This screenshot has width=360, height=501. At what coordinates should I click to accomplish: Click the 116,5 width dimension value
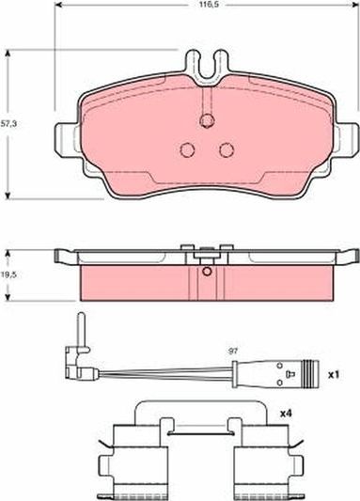pos(207,5)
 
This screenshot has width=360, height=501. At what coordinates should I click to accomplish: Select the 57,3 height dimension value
pos(8,124)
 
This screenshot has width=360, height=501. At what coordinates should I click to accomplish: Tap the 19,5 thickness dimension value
pos(8,274)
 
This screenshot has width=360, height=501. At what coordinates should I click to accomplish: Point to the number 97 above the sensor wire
pos(233,352)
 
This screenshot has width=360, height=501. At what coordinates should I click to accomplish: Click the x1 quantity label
pos(334,374)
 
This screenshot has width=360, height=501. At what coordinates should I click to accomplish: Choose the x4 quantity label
pos(286,414)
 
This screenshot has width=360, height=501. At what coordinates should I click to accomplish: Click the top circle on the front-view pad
pos(207,120)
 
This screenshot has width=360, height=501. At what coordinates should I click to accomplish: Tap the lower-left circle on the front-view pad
pos(187,149)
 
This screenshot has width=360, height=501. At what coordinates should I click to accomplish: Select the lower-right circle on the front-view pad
pos(227,149)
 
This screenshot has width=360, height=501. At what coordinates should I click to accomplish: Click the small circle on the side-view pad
pos(207,272)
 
